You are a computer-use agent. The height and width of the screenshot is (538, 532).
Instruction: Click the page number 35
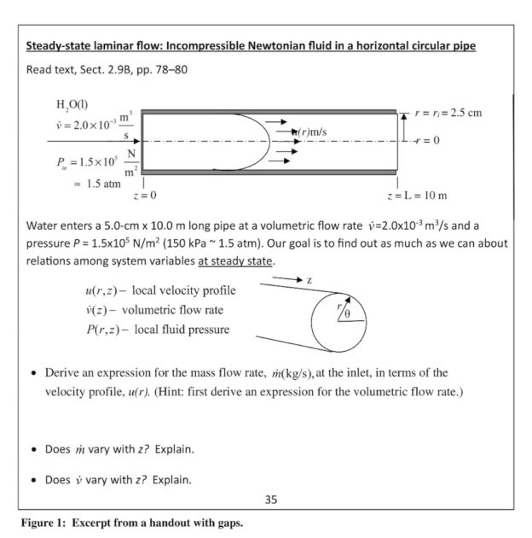(270, 500)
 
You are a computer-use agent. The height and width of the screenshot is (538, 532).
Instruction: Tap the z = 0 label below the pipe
(144, 196)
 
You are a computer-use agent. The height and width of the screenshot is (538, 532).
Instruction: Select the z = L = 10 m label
(417, 196)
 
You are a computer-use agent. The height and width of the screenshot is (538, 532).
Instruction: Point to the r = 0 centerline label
(426, 140)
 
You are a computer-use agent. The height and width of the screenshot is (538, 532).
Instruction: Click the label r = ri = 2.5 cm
(449, 113)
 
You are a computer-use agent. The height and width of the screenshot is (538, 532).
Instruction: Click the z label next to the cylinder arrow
(309, 280)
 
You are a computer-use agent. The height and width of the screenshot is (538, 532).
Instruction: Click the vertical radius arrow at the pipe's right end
(404, 126)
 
